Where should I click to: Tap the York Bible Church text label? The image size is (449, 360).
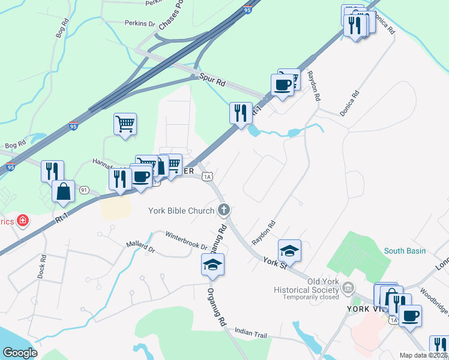tap(181, 211)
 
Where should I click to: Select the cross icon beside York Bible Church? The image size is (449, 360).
tap(223, 210)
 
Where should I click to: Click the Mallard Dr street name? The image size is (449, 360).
tap(140, 247)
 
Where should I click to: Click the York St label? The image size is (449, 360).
tap(276, 262)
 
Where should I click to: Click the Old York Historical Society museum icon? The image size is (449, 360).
tap(348, 289)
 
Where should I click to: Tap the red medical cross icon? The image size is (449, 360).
tap(23, 221)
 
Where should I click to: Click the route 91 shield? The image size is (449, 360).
tap(84, 190)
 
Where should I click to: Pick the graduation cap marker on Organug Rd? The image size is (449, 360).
tap(212, 265)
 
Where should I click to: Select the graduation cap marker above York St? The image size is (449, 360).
tap(289, 250)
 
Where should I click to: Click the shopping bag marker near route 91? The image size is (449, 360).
tap(63, 191)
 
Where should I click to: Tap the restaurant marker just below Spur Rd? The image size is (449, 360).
tap(241, 112)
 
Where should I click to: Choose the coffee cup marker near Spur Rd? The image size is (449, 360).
tap(282, 84)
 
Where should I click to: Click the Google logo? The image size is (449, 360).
tap(20, 353)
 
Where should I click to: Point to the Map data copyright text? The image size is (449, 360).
tap(424, 355)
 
